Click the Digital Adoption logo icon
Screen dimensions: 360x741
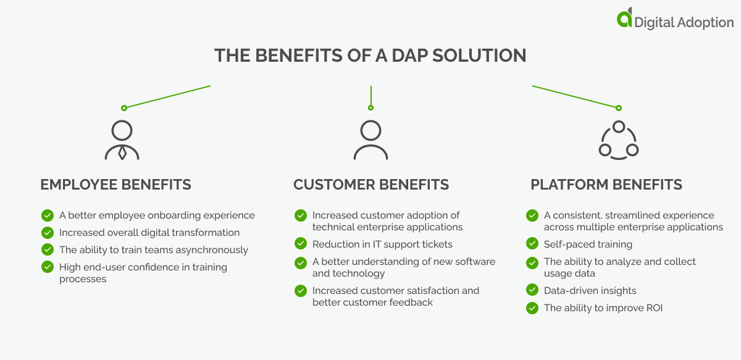(x=624, y=19)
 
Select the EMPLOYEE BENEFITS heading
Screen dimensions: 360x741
(x=115, y=185)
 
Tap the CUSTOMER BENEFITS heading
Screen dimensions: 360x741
(x=371, y=185)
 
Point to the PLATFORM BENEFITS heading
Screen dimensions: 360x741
(x=606, y=185)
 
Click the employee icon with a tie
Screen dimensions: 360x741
(x=122, y=140)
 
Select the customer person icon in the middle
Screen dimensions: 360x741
(x=371, y=140)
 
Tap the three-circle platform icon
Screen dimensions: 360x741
(x=618, y=140)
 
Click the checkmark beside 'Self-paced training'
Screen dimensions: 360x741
(x=532, y=244)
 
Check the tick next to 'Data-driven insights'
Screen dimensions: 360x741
(x=532, y=290)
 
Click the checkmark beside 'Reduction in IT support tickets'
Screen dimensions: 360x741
(x=301, y=244)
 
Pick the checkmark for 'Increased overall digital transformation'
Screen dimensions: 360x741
(x=48, y=233)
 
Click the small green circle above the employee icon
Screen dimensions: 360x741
(x=124, y=108)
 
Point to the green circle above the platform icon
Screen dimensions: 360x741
(x=618, y=108)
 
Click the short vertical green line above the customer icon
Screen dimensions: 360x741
(x=371, y=95)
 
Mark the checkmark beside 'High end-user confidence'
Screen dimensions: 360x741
(x=48, y=267)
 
